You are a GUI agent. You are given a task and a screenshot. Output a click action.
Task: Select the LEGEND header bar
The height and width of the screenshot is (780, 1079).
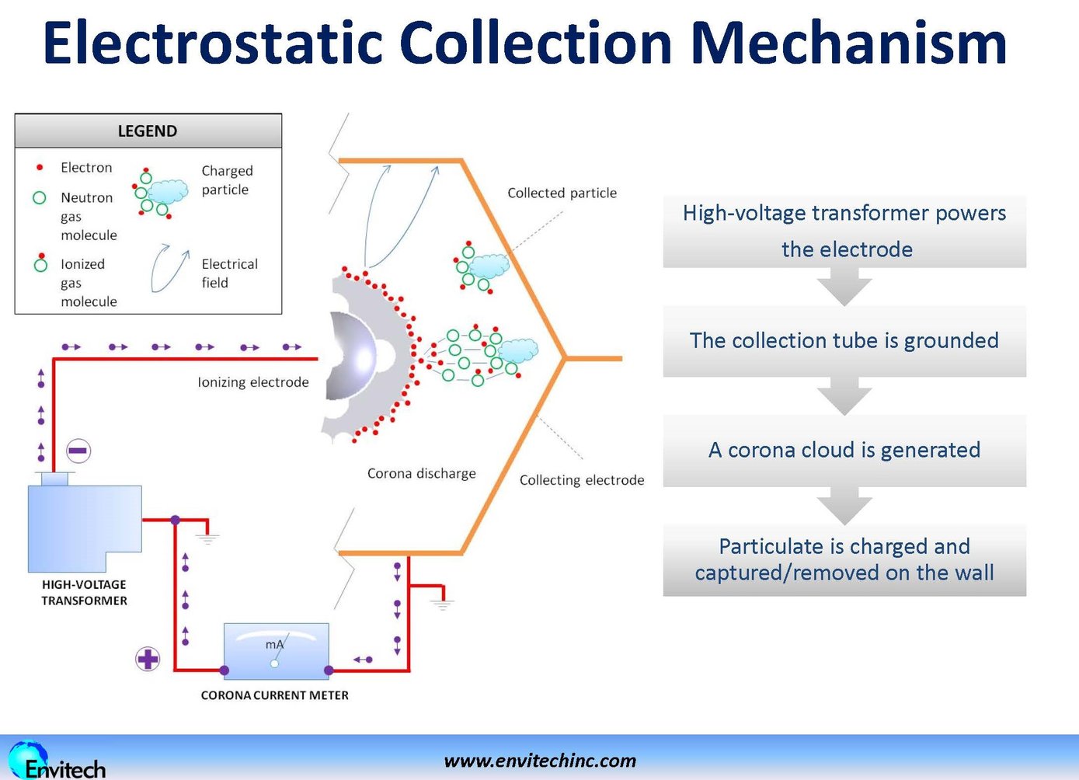click(x=148, y=131)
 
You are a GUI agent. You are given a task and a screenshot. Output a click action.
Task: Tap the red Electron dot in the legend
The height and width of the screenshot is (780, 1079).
click(x=40, y=167)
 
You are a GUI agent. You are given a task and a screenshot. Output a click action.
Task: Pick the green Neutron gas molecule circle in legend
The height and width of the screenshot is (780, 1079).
click(x=40, y=198)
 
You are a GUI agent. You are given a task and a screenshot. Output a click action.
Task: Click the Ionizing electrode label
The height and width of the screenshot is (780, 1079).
click(x=252, y=382)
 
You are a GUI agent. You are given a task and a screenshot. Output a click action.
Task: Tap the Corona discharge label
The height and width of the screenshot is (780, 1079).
click(x=421, y=473)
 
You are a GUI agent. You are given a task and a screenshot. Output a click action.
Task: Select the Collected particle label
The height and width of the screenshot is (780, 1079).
click(x=562, y=193)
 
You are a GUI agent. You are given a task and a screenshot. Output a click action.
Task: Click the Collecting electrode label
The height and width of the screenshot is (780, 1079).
click(x=582, y=480)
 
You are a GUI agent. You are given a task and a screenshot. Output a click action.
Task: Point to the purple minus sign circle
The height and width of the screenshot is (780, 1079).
click(x=78, y=451)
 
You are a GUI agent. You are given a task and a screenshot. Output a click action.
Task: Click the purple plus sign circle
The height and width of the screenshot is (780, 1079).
click(x=148, y=660)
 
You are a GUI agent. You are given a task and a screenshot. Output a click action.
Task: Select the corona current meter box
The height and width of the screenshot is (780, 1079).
click(x=276, y=651)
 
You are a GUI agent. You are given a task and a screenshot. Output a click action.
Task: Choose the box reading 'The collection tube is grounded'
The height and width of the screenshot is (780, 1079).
click(x=844, y=340)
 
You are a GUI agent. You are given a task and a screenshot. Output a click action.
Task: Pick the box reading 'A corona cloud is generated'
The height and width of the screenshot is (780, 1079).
click(x=844, y=450)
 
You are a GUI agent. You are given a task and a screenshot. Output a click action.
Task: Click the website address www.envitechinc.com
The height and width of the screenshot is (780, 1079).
click(x=540, y=761)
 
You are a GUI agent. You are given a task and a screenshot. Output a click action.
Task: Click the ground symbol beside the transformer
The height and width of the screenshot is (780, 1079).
click(x=207, y=537)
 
